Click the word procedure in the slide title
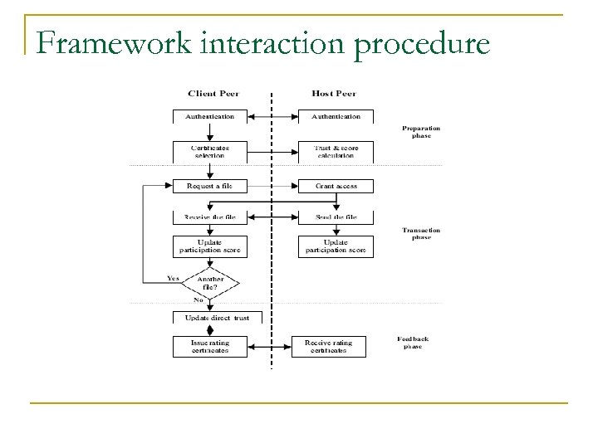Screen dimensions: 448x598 (x=419, y=41)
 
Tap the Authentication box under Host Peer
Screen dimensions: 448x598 (x=336, y=117)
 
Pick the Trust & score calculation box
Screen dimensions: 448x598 (x=336, y=152)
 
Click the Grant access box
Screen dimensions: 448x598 (x=336, y=186)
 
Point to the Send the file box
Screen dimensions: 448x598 (x=336, y=217)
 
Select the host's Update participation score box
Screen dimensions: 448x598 (x=336, y=246)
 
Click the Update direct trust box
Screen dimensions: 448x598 (x=216, y=318)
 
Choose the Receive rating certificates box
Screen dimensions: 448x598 (x=329, y=347)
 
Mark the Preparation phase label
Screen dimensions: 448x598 (x=421, y=132)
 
